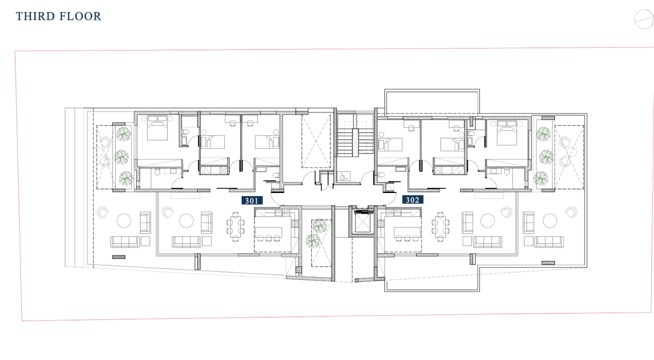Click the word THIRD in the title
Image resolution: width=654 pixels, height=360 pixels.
[x=35, y=16]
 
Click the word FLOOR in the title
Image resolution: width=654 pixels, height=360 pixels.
[x=80, y=16]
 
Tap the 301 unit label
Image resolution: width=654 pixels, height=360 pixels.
[x=252, y=200]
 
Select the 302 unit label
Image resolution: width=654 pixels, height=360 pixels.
[x=412, y=200]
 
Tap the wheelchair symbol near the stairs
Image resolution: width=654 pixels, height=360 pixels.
[x=342, y=176]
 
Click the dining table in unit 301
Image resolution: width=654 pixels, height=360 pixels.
[x=236, y=227]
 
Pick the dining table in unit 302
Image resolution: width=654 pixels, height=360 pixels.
[x=440, y=227]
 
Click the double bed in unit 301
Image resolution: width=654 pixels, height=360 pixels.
[x=157, y=128]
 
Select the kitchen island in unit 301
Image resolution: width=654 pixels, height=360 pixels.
[x=269, y=232]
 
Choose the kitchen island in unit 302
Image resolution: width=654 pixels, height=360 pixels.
[x=407, y=232]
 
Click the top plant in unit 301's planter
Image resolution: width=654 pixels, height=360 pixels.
[x=124, y=134]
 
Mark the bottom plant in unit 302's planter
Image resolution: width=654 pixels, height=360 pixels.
[x=541, y=178]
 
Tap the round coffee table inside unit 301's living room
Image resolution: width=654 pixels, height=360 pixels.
[x=186, y=221]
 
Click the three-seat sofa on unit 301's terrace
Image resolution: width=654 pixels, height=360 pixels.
[x=125, y=242]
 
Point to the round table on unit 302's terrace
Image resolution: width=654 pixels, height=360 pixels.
[x=549, y=221]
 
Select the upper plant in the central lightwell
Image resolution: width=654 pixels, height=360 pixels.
[x=319, y=226]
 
